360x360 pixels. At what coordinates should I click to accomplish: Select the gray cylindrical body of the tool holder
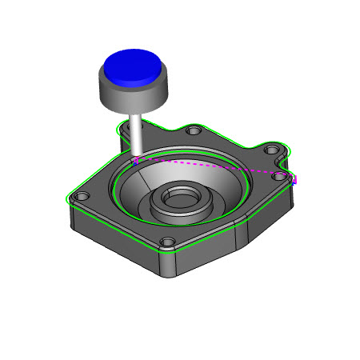tap(132, 92)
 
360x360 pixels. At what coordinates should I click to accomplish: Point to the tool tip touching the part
tap(136, 158)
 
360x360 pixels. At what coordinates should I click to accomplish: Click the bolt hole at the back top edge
tap(191, 130)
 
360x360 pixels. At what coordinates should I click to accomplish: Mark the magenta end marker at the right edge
tap(294, 180)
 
